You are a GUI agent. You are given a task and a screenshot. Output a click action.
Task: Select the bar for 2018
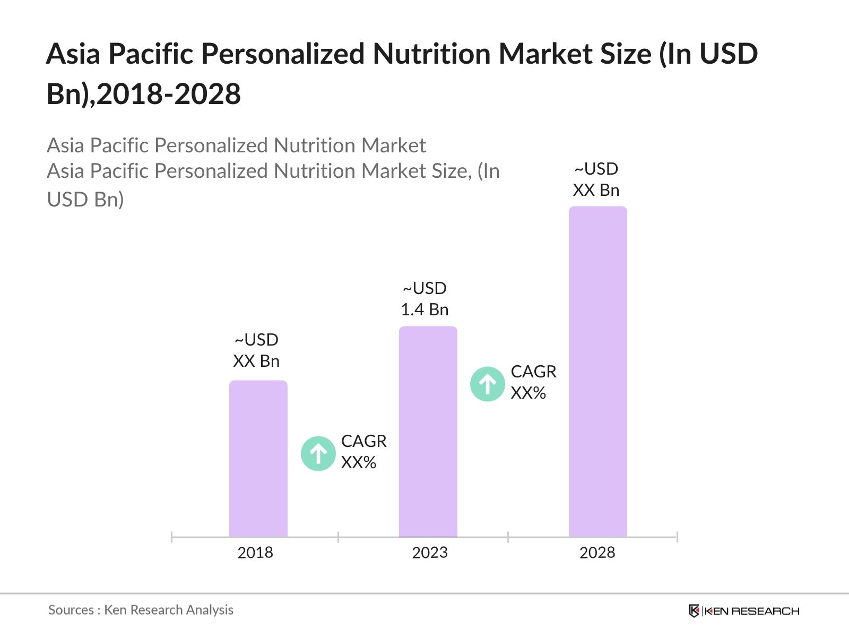[258, 459]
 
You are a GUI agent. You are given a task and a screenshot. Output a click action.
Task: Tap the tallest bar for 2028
[597, 372]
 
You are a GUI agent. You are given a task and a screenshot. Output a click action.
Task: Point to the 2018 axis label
[255, 553]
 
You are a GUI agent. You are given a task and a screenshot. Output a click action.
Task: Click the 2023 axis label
[430, 553]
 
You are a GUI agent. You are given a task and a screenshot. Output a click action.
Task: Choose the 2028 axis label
[597, 553]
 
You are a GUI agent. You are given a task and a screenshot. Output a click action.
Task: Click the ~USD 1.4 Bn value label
[424, 299]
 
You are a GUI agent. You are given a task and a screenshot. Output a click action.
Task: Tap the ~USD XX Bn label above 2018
[256, 350]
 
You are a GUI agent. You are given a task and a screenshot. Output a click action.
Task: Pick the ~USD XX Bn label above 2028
[596, 179]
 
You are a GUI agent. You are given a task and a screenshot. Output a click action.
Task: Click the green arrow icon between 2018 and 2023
[318, 453]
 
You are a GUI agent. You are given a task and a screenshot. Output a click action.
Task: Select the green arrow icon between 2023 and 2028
[487, 384]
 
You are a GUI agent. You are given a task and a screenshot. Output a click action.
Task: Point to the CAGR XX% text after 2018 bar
[363, 452]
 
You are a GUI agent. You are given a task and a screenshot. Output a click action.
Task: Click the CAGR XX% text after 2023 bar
[533, 382]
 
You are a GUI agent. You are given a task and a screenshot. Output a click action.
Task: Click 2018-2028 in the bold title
[169, 94]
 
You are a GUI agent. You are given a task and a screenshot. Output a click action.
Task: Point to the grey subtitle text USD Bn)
[85, 199]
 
